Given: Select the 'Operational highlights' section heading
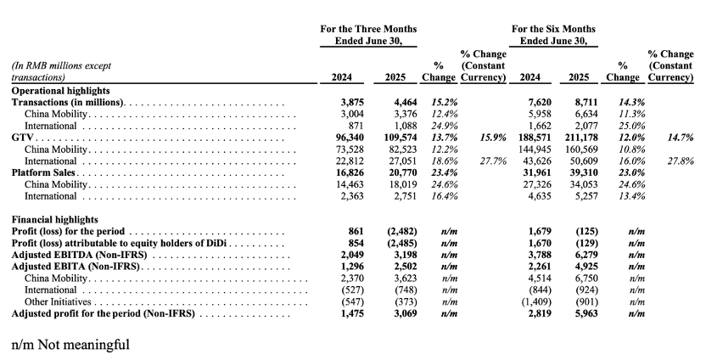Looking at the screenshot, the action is tap(61, 91).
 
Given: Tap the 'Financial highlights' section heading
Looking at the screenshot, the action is tap(54, 220).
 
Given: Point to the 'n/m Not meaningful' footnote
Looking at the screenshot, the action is tap(70, 345).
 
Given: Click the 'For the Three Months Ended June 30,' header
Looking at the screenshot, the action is tap(368, 35).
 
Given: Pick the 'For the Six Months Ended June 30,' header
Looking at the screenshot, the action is tap(553, 35).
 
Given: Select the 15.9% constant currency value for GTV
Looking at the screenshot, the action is tap(493, 138).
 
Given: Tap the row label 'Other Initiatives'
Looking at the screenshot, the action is tap(58, 302).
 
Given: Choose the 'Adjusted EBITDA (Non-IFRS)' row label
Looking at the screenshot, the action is tap(79, 255).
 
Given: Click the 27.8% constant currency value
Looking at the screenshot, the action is tap(680, 160).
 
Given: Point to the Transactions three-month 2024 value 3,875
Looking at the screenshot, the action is tap(352, 102).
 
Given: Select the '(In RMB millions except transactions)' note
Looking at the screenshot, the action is tap(61, 71).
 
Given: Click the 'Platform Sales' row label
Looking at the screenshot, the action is tap(43, 172).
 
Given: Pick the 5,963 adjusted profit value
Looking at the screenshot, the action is tap(586, 313).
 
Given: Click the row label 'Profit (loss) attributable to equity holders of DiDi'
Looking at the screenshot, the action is tap(120, 244).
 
